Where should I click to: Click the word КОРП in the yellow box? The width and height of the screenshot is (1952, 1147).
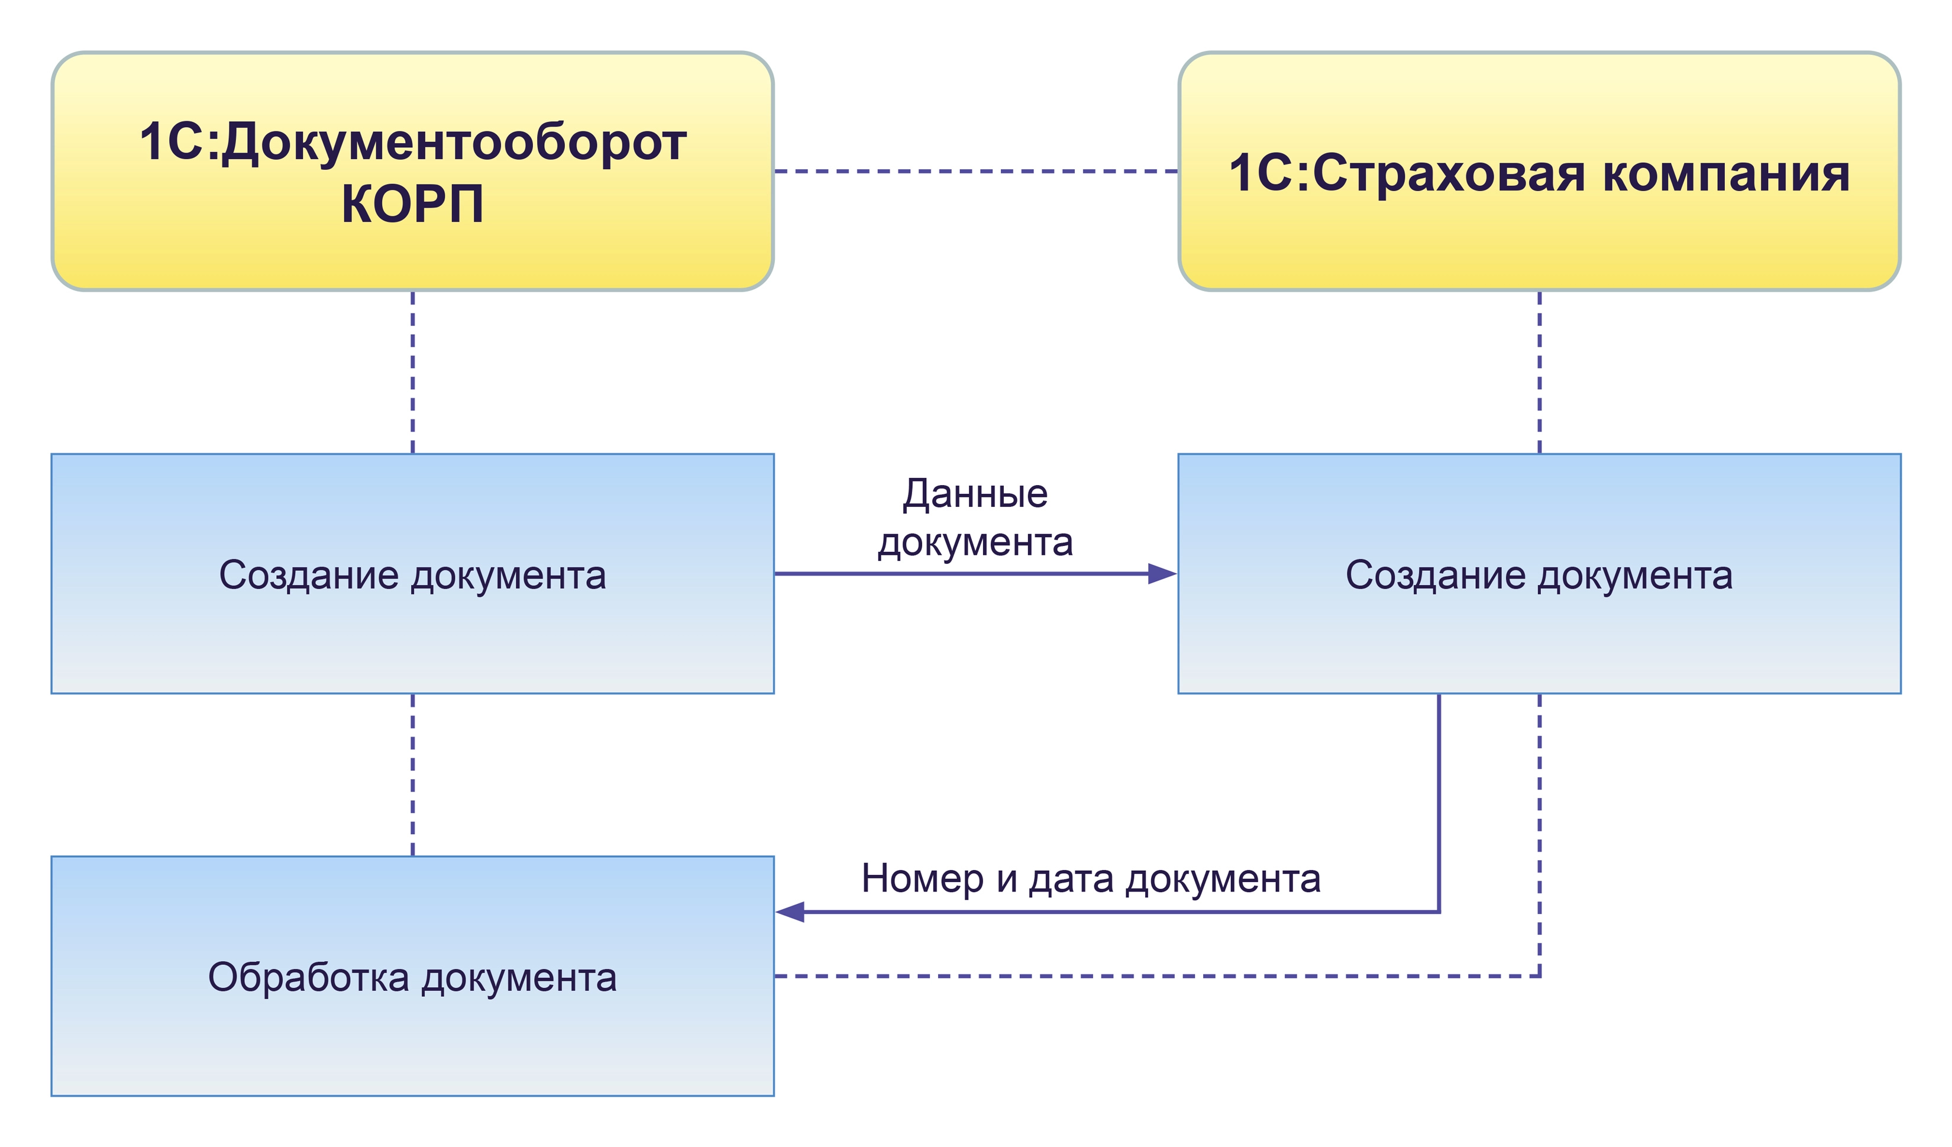412,205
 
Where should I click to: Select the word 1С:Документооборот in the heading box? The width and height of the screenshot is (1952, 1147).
412,143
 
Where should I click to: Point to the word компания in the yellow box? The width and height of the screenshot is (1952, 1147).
1726,173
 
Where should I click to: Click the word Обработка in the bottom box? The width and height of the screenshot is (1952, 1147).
308,977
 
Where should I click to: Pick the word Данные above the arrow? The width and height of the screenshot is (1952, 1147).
975,494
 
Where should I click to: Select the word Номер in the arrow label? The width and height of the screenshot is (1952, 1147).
922,879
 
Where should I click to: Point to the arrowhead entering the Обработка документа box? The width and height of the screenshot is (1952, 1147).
790,912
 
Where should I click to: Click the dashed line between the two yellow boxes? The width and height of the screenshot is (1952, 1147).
976,171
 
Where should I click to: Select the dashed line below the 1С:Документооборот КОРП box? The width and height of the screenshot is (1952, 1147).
413,371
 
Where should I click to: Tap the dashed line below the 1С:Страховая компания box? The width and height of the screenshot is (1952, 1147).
1539,371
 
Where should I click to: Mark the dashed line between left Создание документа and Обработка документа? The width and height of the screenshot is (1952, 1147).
413,774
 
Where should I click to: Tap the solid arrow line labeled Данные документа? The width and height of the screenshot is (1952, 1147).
961,574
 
